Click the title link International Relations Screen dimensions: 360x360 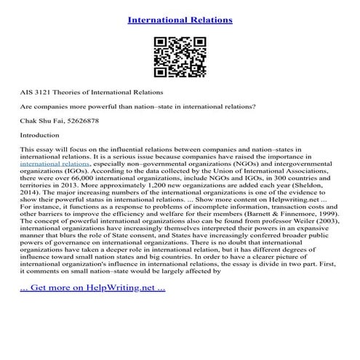180,19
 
